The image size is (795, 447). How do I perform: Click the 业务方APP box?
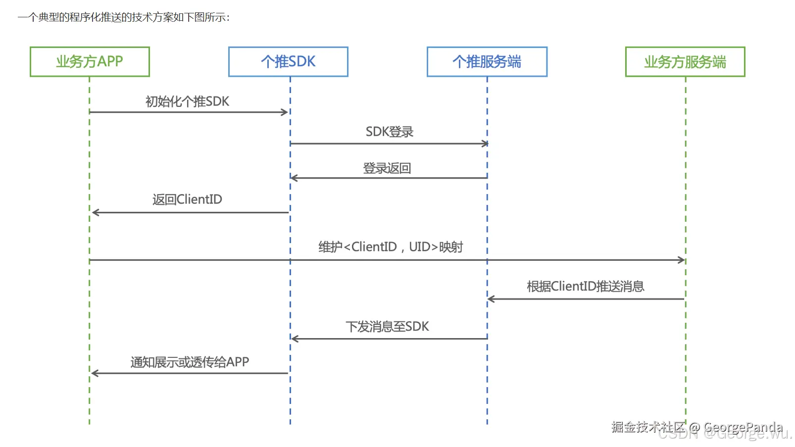[90, 62]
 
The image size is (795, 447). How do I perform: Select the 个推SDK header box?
[288, 62]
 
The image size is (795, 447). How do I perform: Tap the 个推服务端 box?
[487, 62]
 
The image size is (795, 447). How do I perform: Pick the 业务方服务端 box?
[685, 62]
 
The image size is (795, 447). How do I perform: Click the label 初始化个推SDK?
[187, 101]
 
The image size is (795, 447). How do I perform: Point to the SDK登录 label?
[389, 132]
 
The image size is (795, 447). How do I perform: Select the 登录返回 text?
[387, 168]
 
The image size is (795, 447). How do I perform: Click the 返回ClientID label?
[187, 199]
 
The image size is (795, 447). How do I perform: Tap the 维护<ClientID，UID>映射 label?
[391, 247]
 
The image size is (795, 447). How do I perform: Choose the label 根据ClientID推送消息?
[585, 287]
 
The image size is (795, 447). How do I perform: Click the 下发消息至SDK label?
[387, 327]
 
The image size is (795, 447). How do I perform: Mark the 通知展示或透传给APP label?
[190, 362]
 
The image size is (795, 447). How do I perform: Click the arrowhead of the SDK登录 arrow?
[485, 144]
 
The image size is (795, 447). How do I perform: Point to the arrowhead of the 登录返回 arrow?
[294, 178]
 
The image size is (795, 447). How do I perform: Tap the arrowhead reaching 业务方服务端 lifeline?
[682, 260]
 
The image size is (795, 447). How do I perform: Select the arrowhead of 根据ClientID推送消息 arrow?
[491, 299]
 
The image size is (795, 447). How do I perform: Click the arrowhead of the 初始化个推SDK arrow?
[285, 112]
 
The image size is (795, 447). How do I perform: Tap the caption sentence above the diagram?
[124, 17]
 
